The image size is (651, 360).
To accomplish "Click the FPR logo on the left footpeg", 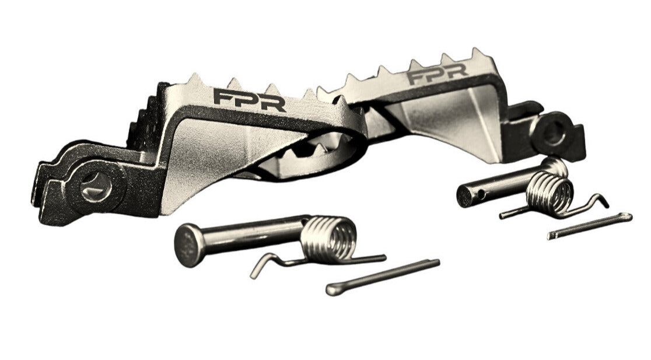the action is tap(250, 99).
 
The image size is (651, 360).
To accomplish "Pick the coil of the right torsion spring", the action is tap(549, 194).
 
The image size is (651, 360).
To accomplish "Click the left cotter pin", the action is tap(383, 277).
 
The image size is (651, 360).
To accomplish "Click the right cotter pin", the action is tap(590, 226).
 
